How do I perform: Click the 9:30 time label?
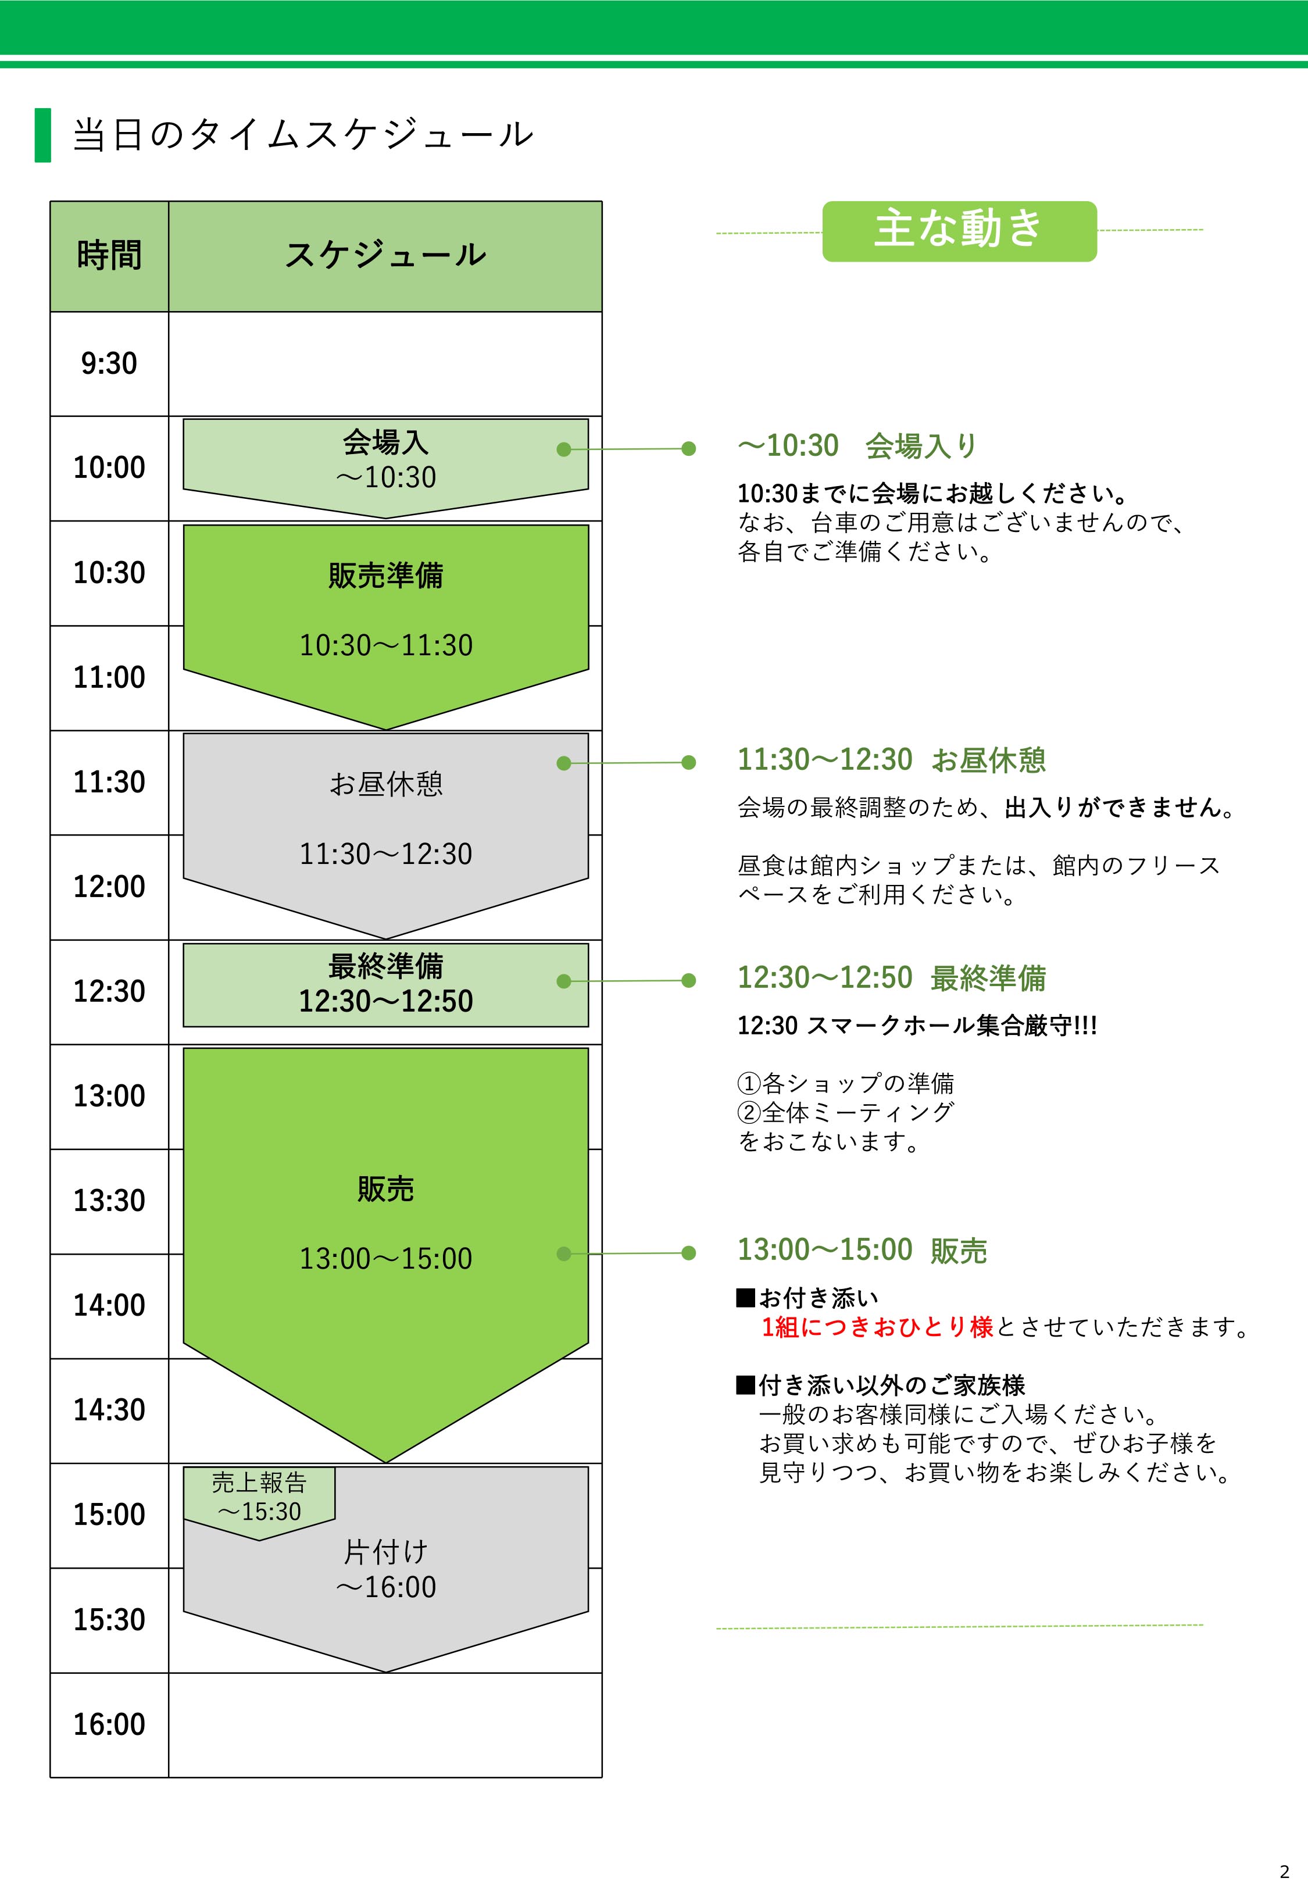[109, 363]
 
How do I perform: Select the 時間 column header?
[109, 255]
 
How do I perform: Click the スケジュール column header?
[385, 255]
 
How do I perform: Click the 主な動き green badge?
[959, 230]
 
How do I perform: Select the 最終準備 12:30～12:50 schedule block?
[386, 984]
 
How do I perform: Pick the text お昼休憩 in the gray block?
[386, 784]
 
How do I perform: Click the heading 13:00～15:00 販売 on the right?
[862, 1250]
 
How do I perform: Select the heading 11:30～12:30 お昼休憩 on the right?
[892, 760]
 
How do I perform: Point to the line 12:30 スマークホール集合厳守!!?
[917, 1025]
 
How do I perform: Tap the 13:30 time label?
[109, 1201]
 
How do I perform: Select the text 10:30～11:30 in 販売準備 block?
[386, 645]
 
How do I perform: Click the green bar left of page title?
[42, 135]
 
